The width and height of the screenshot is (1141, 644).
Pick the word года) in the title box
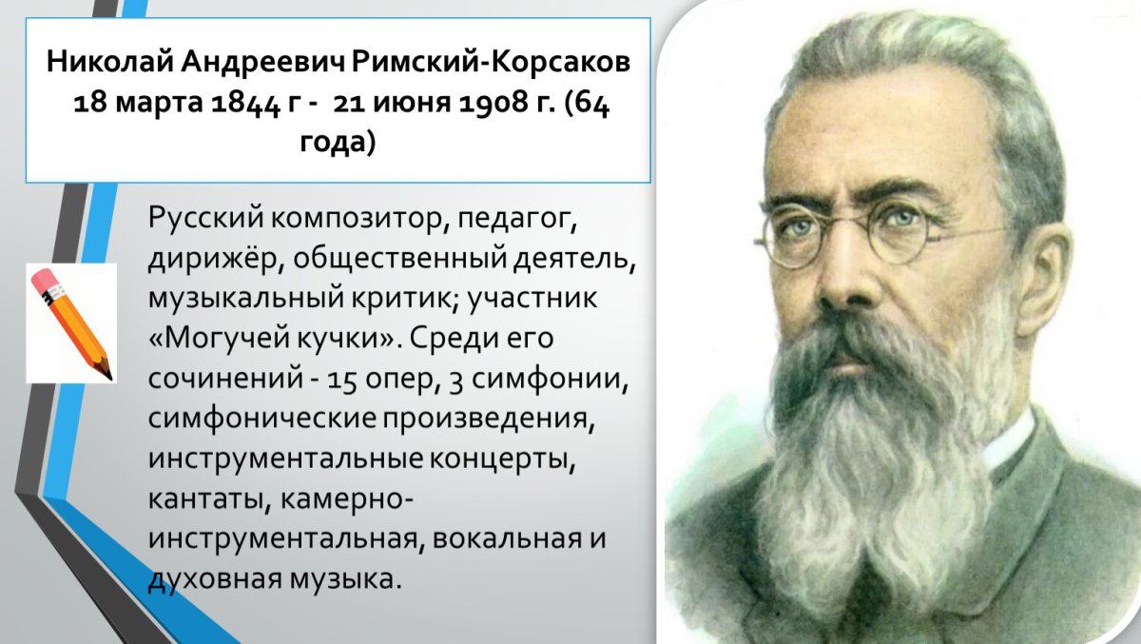pos(338,143)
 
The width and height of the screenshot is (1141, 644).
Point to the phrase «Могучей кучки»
pos(269,338)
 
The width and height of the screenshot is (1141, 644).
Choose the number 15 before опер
pos(340,378)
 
